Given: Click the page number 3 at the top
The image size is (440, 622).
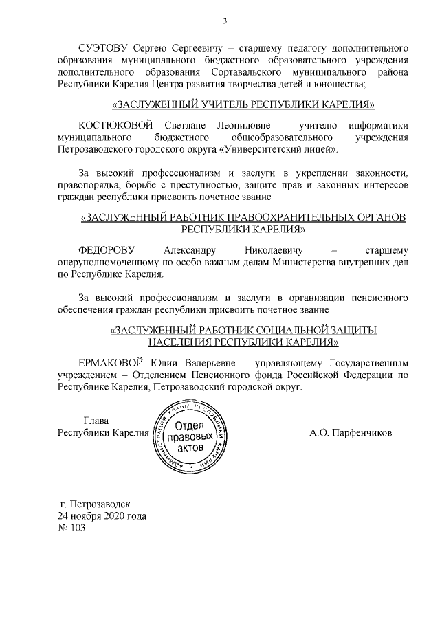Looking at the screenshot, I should pyautogui.click(x=225, y=21).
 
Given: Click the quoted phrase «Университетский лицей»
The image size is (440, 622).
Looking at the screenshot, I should pyautogui.click(x=276, y=148).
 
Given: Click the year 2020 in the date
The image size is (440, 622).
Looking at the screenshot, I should pyautogui.click(x=111, y=515).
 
